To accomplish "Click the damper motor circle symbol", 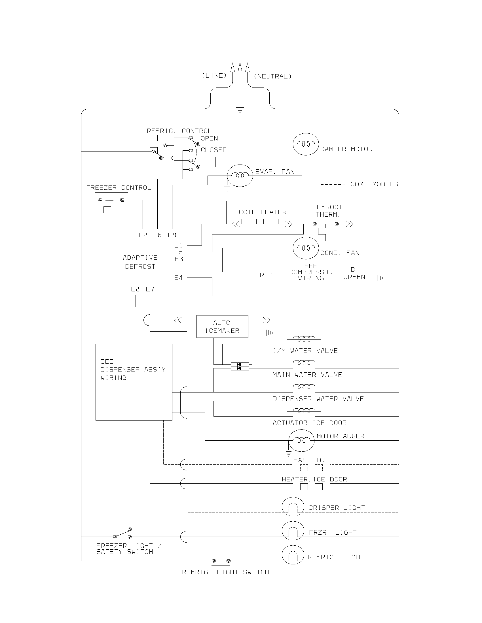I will (306, 144).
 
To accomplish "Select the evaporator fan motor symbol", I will (240, 176).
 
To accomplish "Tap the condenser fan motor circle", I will (306, 248).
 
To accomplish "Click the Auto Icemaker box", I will (222, 326).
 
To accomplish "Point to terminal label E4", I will (178, 278).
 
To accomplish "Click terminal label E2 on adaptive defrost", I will (143, 235).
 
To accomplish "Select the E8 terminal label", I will (135, 289).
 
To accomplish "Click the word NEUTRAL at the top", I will (273, 76).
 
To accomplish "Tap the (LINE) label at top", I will (214, 76).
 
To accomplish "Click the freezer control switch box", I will (111, 208).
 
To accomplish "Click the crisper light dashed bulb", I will (293, 507).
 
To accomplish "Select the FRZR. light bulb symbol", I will (293, 531).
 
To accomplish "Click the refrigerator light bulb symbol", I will (293, 555).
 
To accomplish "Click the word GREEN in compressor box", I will (354, 277).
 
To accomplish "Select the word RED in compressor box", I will (266, 275).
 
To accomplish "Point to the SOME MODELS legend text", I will (374, 184).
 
